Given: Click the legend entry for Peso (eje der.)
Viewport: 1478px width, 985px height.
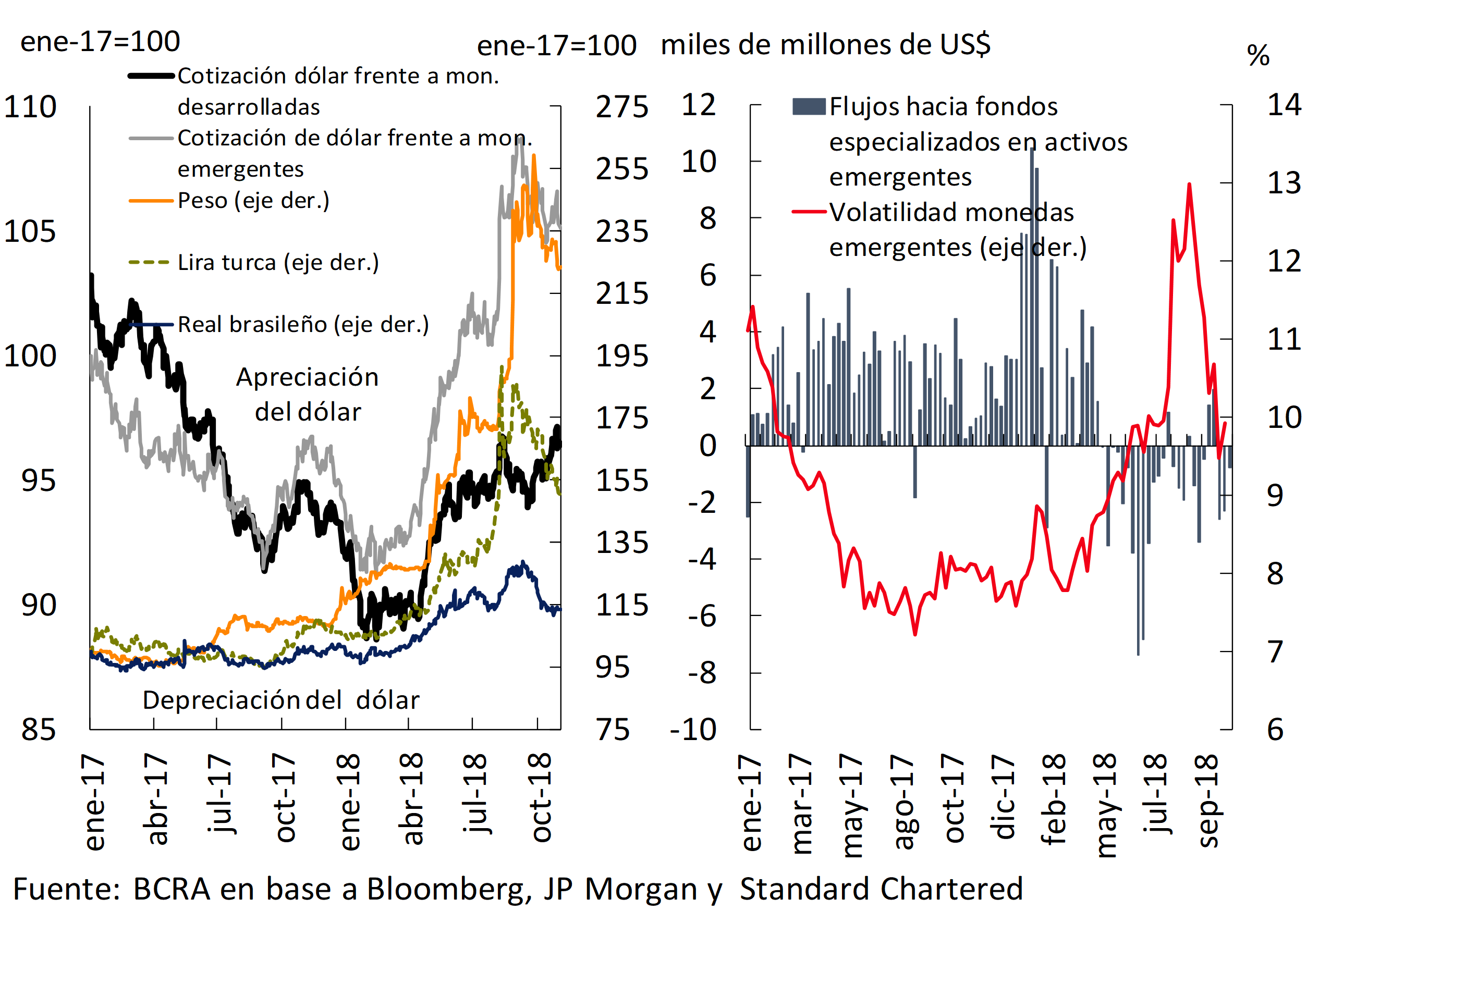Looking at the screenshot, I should (x=253, y=201).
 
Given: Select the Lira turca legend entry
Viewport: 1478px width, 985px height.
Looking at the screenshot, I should (x=278, y=262).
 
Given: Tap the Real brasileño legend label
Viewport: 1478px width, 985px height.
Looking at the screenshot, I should (x=303, y=324).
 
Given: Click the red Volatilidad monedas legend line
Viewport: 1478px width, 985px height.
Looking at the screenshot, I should (x=809, y=212).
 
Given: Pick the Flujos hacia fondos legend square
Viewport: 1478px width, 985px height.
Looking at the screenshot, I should (x=809, y=107).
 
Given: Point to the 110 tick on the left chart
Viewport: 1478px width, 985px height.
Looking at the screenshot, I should (x=30, y=107).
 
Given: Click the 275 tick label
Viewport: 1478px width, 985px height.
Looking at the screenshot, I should (x=621, y=107).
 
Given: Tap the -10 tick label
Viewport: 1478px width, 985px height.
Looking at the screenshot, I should (x=693, y=729).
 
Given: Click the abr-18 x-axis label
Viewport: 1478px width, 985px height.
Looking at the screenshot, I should (x=412, y=798).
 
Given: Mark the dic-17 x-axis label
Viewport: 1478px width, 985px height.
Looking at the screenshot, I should (x=1003, y=796).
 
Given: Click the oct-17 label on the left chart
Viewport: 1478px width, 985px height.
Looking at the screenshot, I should (x=284, y=798).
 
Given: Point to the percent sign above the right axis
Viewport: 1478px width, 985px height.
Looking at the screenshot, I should (x=1258, y=55).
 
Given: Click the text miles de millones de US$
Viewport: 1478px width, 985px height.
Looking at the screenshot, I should (x=825, y=45).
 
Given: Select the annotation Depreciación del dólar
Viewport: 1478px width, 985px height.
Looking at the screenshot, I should (x=281, y=700).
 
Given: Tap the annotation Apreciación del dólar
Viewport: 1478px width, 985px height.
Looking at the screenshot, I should (x=307, y=394).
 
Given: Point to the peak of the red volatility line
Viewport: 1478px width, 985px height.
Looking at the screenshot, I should (x=1190, y=184).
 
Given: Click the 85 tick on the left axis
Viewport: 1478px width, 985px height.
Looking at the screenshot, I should (x=39, y=729).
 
